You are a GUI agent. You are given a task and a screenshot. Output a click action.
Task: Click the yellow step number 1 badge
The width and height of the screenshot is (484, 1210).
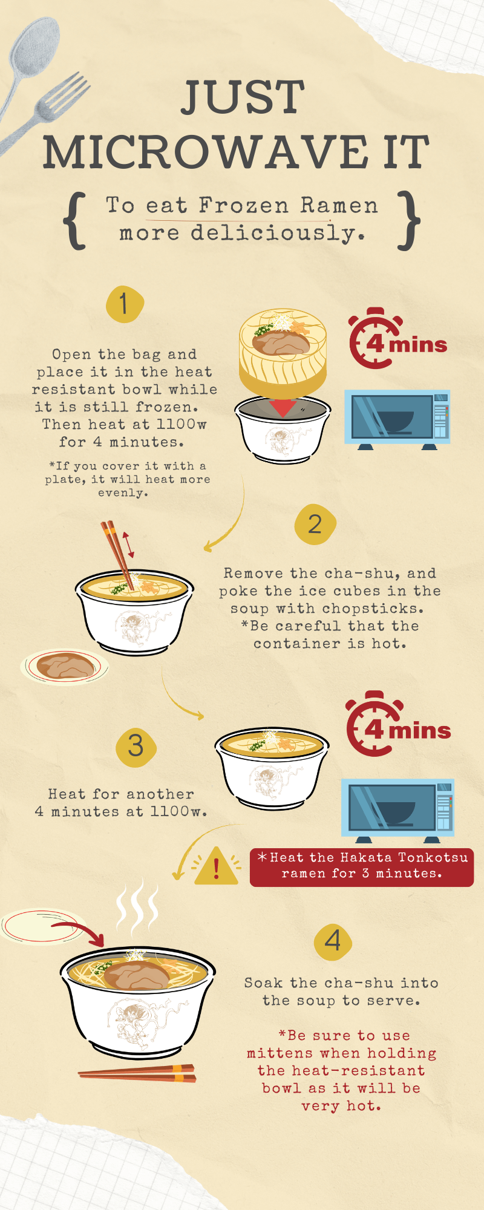[x=125, y=304]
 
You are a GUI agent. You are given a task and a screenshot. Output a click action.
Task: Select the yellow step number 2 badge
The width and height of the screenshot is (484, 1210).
[x=315, y=524]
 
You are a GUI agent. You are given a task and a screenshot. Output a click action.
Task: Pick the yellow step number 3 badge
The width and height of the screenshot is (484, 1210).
[x=136, y=747]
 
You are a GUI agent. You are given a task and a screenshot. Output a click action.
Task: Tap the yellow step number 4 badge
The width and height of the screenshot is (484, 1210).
[x=333, y=941]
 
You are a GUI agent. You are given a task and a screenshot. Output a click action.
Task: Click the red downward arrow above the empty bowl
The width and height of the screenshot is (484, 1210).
[x=283, y=407]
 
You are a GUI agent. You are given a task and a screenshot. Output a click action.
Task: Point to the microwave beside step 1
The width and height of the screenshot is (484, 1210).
[x=397, y=419]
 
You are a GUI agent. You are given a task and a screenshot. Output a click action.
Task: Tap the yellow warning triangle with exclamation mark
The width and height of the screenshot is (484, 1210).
[x=217, y=866]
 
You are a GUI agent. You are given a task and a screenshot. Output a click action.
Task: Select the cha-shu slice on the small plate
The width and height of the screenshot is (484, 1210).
[x=65, y=665]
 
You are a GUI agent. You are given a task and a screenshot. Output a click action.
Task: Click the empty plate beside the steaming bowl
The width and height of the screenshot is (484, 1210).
[x=42, y=926]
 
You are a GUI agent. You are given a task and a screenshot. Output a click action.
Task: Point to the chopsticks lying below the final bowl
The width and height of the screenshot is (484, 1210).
[x=137, y=1073]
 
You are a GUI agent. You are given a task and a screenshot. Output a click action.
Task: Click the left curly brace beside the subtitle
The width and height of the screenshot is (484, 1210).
[x=75, y=221]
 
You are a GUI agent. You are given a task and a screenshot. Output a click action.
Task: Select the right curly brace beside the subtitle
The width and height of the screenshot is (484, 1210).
[x=410, y=220]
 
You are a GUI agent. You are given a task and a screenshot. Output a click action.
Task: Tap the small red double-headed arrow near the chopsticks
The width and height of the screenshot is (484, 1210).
[x=128, y=545]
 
